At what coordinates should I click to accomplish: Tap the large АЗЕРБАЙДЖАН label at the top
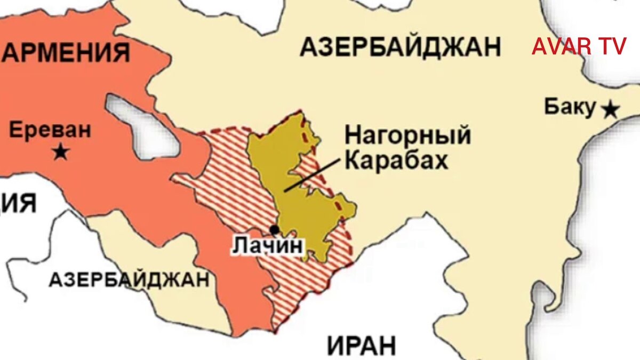click(x=401, y=47)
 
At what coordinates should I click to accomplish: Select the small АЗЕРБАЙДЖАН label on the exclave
click(x=129, y=279)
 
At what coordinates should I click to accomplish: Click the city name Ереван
click(x=50, y=130)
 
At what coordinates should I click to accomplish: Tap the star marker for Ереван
click(x=61, y=153)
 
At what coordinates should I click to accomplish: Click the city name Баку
click(x=569, y=107)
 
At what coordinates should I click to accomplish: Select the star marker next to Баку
click(x=610, y=110)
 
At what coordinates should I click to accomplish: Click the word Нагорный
click(x=407, y=135)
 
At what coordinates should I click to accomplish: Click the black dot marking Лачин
click(x=275, y=230)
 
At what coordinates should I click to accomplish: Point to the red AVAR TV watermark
click(x=579, y=47)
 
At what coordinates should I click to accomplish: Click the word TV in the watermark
click(x=612, y=47)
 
